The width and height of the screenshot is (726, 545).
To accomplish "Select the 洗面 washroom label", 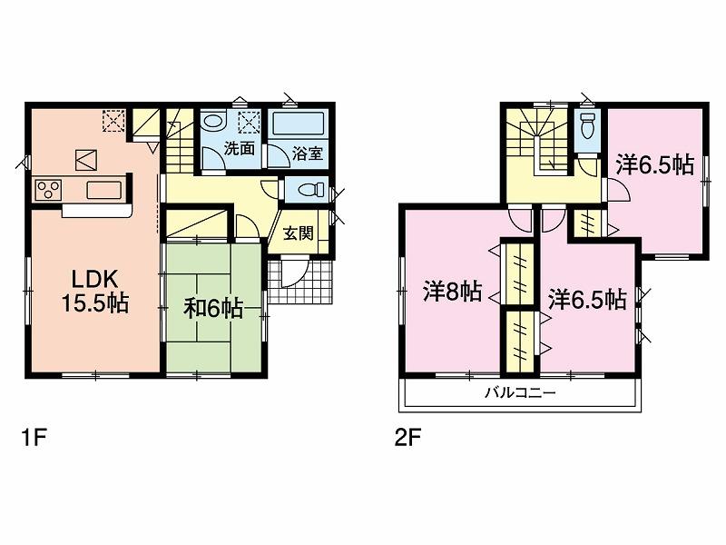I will point(239,151).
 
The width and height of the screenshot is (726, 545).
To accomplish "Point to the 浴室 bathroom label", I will point(307,154).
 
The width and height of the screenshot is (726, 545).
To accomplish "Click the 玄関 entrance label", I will point(299,233).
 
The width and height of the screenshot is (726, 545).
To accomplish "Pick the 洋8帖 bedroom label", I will point(452,292).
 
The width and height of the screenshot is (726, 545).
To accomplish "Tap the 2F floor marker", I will point(406,438).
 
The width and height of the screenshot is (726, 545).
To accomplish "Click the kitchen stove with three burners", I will point(48,190).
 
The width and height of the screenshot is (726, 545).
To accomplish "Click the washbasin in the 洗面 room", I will point(215,122).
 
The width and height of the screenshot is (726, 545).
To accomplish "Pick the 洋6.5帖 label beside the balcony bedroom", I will point(586,298).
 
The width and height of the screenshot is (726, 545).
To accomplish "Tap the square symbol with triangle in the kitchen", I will point(86,159).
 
